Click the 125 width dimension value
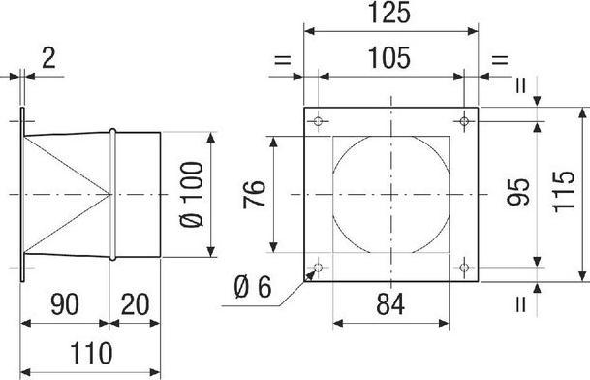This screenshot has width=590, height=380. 389,13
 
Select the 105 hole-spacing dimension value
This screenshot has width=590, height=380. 389,58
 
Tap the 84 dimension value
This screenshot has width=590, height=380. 390,304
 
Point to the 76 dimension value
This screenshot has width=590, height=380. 255,194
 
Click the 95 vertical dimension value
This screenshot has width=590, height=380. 518,192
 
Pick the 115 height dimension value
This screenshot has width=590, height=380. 564,192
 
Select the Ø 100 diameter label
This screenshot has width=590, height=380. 192,194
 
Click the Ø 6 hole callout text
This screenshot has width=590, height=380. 253,287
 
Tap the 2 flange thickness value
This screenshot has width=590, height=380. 48,58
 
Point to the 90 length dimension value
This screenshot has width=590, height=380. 65,304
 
